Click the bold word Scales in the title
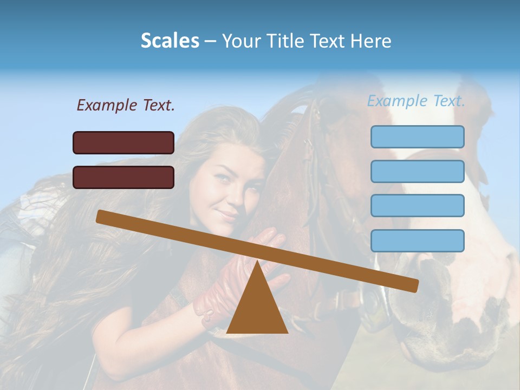click(170, 41)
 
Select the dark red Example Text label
click(126, 105)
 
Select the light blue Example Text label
click(416, 101)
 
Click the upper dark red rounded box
click(123, 142)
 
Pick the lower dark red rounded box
click(123, 177)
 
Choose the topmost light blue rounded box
click(417, 136)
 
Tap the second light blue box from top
click(417, 171)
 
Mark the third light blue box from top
click(417, 206)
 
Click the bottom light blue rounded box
click(417, 240)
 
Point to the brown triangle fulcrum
click(257, 309)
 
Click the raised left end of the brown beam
click(101, 216)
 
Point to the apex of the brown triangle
click(257, 263)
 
